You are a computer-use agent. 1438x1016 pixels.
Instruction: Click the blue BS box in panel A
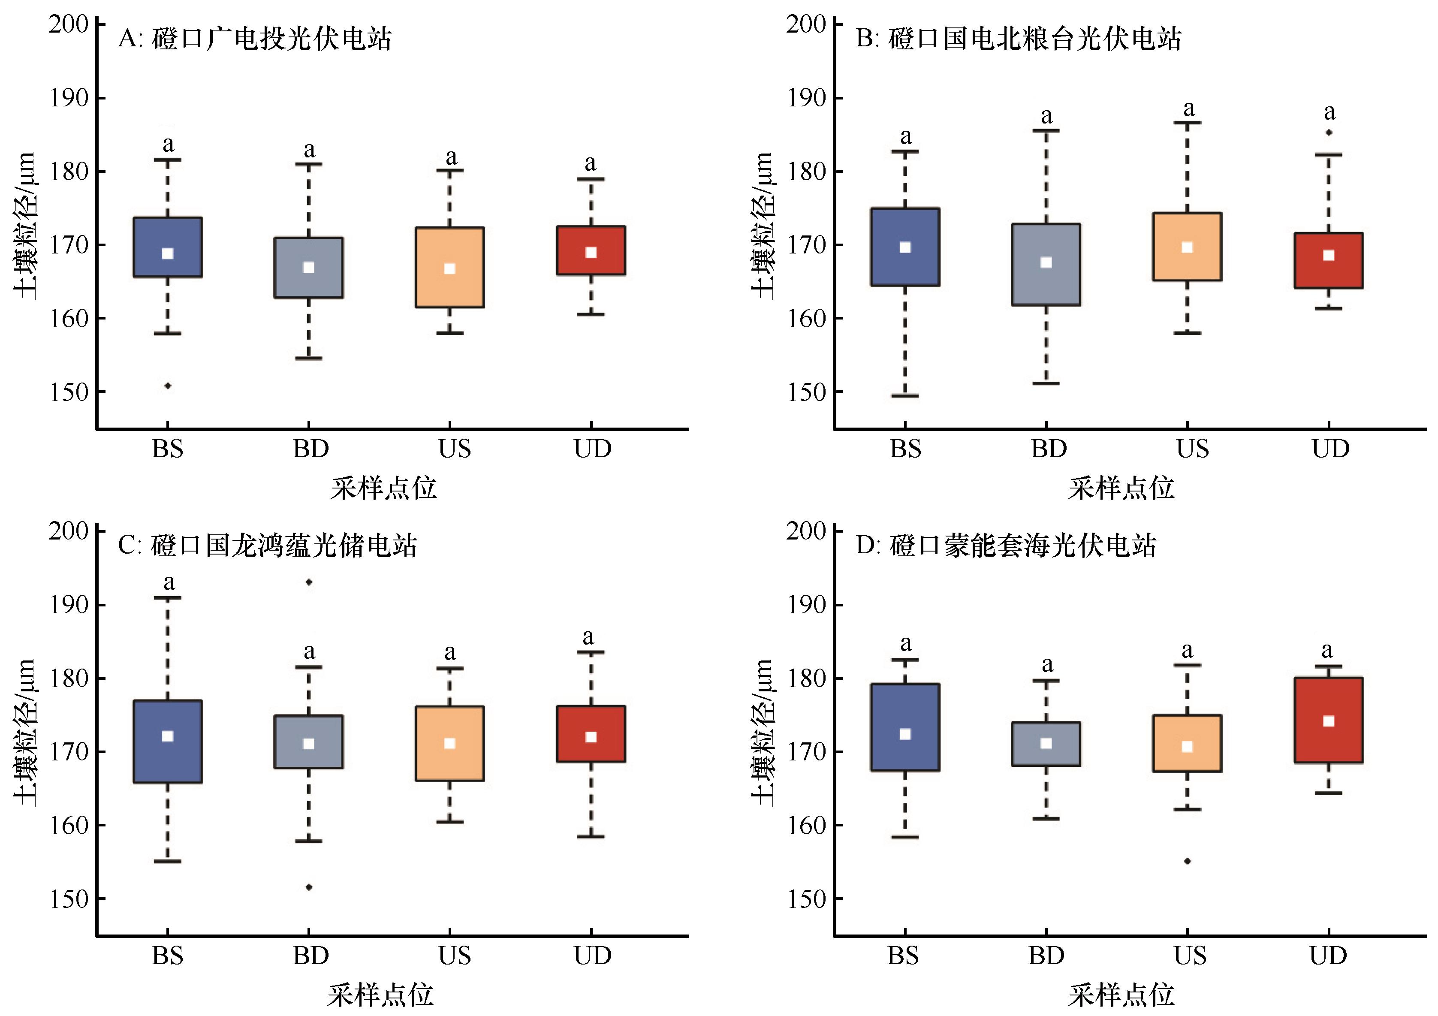tap(168, 247)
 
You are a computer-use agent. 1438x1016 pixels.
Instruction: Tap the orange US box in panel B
tap(1187, 247)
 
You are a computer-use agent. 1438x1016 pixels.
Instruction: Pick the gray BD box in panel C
tap(309, 742)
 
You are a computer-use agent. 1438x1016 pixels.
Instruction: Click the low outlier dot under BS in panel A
tap(168, 386)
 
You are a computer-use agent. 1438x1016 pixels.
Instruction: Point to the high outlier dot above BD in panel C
tap(309, 582)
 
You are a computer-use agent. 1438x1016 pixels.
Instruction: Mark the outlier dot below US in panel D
tap(1187, 861)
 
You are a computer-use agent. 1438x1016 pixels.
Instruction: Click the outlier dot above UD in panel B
tap(1328, 132)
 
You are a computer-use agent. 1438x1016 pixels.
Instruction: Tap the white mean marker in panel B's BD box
tap(1046, 262)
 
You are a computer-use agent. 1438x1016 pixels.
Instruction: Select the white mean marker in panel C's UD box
tap(591, 737)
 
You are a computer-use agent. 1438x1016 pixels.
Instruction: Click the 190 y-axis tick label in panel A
tap(69, 98)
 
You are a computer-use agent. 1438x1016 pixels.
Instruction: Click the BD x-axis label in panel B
tap(1049, 449)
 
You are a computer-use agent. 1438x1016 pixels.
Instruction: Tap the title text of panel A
tap(255, 39)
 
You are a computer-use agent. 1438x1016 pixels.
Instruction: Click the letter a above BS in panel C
tap(169, 582)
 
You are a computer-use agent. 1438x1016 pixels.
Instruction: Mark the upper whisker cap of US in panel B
tap(1187, 123)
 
